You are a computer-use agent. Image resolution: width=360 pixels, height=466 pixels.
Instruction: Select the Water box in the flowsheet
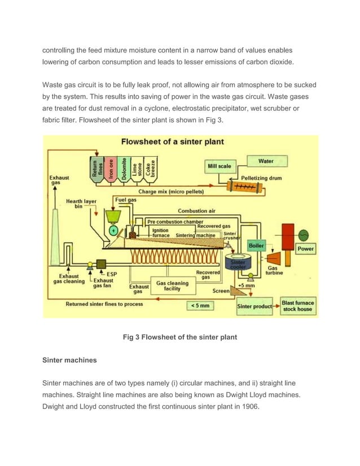tap(266, 161)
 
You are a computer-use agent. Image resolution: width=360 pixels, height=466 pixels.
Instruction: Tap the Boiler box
tap(257, 246)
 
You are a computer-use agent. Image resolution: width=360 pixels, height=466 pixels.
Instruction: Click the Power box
tap(305, 249)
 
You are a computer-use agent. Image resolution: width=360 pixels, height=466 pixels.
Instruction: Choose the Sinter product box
tap(254, 306)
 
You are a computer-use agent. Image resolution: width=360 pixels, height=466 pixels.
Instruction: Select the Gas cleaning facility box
tap(172, 287)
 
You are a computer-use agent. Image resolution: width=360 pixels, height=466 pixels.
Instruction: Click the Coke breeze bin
tap(150, 168)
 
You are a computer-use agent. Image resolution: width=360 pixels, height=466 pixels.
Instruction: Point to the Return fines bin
tap(98, 168)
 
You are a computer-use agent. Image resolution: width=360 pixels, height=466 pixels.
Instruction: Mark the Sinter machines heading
tap(69, 360)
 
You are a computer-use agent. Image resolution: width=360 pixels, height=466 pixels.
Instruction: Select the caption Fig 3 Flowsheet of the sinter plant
tap(179, 337)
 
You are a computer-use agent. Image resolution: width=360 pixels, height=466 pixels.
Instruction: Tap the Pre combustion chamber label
tap(175, 222)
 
